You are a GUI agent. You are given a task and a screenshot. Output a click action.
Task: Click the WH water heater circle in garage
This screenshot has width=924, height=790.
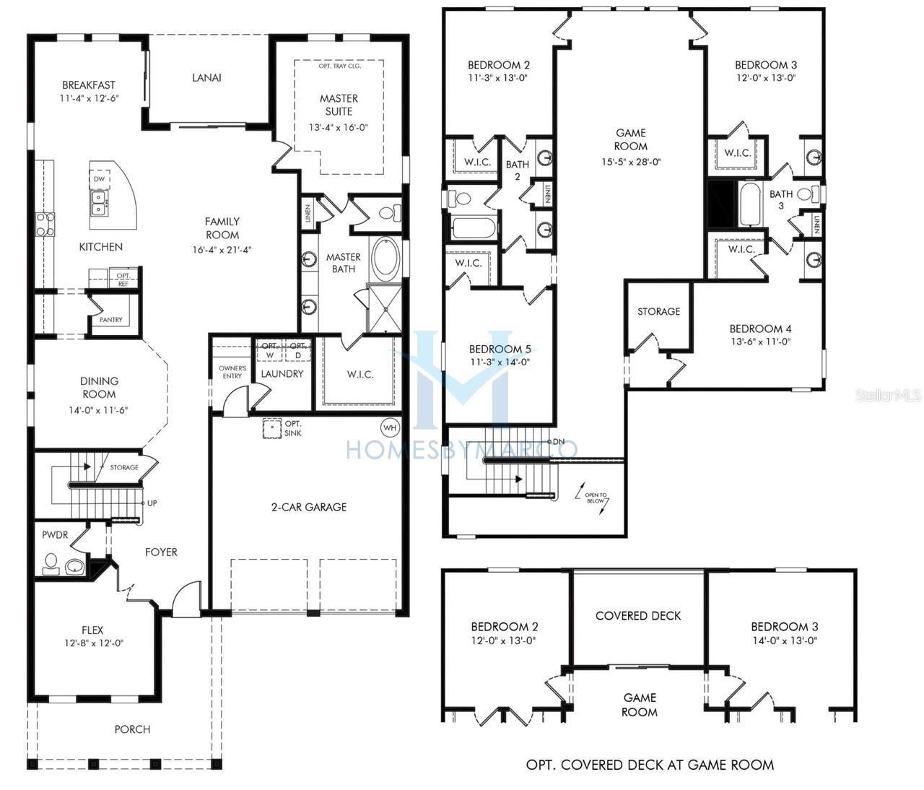tap(390, 427)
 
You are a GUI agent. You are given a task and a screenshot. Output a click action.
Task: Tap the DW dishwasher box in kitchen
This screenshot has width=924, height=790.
tap(99, 178)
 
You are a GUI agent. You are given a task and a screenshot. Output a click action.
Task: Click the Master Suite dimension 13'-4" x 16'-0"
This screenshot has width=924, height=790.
tap(339, 128)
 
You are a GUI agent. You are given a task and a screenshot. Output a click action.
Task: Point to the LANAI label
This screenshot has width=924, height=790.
tap(206, 77)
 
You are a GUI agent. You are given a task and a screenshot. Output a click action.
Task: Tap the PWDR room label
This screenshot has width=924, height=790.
tap(55, 535)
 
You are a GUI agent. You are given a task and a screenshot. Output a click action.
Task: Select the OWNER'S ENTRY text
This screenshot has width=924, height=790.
tap(232, 372)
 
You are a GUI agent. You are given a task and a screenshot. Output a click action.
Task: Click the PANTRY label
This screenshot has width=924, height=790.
tap(111, 320)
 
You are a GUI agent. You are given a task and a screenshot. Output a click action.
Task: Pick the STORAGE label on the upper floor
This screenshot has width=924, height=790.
tap(658, 311)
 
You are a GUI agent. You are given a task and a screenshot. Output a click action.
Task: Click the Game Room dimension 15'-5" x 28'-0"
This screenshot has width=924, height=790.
tap(630, 162)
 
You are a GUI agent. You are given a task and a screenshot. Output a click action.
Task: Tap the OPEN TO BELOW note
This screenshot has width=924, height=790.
tap(596, 498)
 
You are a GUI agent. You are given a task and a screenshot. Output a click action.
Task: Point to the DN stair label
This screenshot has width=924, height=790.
tap(558, 442)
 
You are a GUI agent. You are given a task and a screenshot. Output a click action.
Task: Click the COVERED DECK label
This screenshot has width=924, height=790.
tap(638, 616)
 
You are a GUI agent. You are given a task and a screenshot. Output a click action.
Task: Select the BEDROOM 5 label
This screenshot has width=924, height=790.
tap(500, 350)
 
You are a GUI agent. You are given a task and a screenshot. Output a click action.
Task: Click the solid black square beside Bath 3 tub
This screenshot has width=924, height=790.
tap(720, 204)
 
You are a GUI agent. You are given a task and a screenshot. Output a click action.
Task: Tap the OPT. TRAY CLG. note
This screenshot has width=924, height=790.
tap(339, 66)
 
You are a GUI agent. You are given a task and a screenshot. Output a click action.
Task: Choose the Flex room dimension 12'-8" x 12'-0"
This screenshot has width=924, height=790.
tap(92, 643)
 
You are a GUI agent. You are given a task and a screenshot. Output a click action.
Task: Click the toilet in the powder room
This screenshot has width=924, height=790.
tap(51, 563)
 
